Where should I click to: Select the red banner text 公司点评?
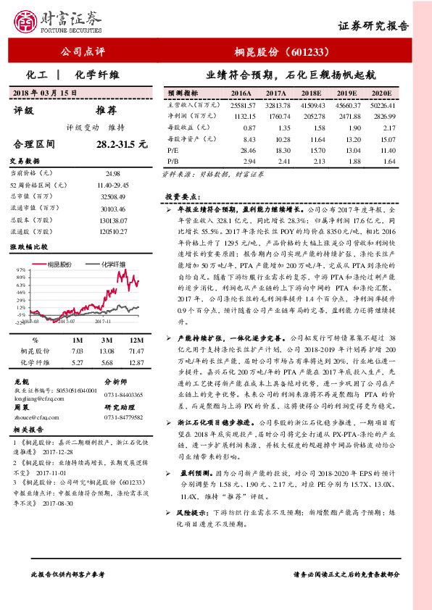click(x=82, y=53)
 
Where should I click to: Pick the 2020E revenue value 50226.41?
click(x=383, y=106)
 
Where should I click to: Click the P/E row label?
click(x=173, y=150)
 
